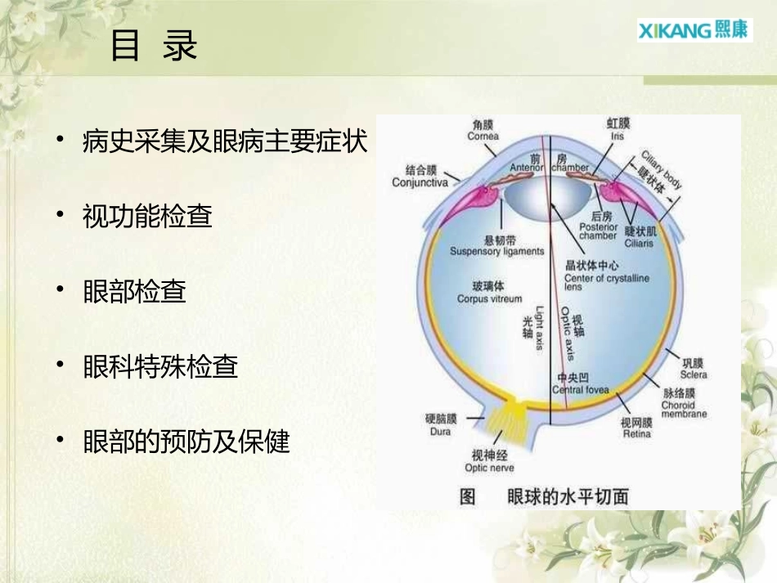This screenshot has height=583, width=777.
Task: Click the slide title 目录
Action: [154, 47]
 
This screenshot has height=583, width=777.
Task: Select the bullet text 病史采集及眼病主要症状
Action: [225, 142]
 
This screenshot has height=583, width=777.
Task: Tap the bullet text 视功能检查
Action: [147, 217]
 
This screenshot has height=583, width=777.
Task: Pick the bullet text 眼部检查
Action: [134, 292]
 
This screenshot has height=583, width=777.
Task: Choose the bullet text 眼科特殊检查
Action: [160, 367]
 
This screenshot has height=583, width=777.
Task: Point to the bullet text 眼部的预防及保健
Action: [186, 442]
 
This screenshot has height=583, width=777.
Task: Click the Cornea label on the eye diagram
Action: [483, 131]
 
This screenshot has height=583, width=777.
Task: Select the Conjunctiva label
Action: [420, 177]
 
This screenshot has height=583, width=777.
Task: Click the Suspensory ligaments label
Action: [496, 246]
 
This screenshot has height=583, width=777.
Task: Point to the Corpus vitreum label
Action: [489, 294]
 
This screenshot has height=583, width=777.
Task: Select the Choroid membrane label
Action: [684, 404]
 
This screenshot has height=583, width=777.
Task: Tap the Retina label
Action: [637, 428]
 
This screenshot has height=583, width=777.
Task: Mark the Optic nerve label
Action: [489, 462]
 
